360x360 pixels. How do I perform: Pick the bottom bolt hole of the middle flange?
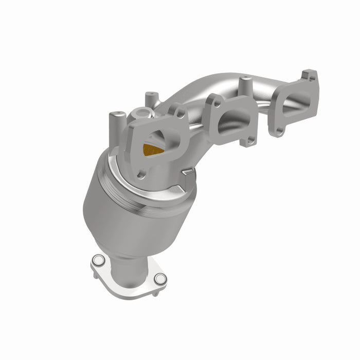[249, 140]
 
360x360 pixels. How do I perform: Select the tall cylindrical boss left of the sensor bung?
[115, 123]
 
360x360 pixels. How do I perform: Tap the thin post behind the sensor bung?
[151, 98]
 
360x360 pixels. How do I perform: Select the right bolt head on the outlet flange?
[160, 279]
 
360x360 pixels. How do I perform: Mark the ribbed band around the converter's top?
[154, 198]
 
